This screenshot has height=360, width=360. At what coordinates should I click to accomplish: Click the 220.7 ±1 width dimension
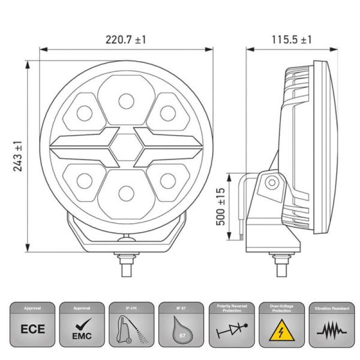(x=126, y=40)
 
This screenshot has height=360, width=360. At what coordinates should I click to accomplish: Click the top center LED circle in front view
(x=125, y=100)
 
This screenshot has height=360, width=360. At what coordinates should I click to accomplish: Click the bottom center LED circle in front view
(x=125, y=193)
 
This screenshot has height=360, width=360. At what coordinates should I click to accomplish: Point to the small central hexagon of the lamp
(x=125, y=146)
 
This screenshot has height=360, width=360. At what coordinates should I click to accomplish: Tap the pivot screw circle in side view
(x=272, y=183)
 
